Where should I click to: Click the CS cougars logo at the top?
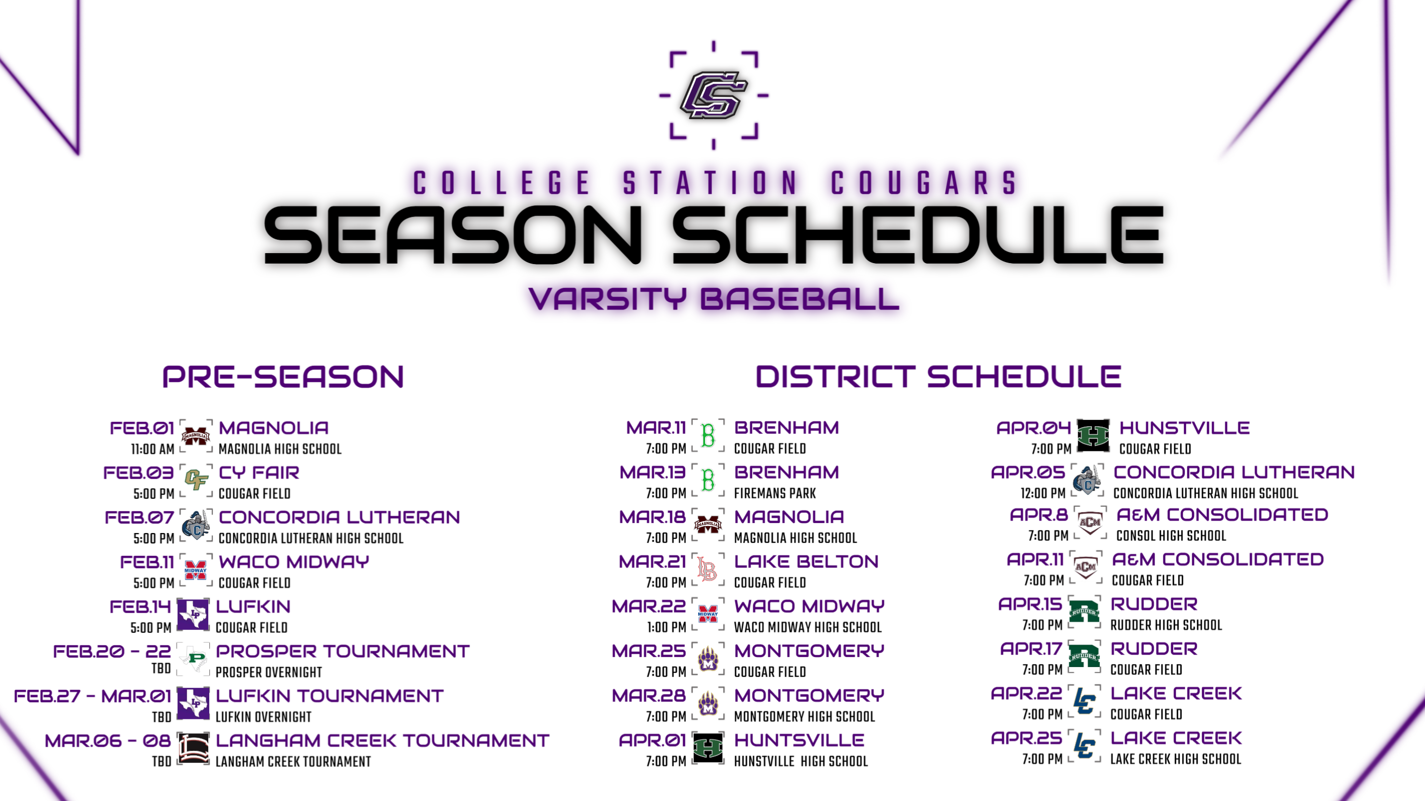pos(713,95)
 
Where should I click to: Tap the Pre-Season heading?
pos(283,376)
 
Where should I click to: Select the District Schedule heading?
pos(938,376)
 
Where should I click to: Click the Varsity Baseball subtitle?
pos(713,299)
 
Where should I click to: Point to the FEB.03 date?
pos(139,473)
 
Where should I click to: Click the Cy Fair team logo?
pos(196,480)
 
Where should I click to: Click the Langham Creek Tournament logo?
pos(193,749)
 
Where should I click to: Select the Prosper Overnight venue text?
pos(268,672)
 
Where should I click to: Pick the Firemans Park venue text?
pos(774,493)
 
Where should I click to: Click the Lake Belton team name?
pos(806,562)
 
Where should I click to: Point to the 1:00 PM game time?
pos(666,627)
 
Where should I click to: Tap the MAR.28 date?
pos(649,695)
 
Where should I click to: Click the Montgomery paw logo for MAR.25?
pos(708,659)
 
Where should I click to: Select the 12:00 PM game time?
pos(1043,493)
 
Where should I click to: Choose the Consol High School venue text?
pos(1171,535)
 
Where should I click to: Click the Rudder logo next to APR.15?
pos(1084,612)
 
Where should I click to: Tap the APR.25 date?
pos(1026,738)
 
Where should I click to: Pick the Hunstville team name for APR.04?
pos(1185,428)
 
